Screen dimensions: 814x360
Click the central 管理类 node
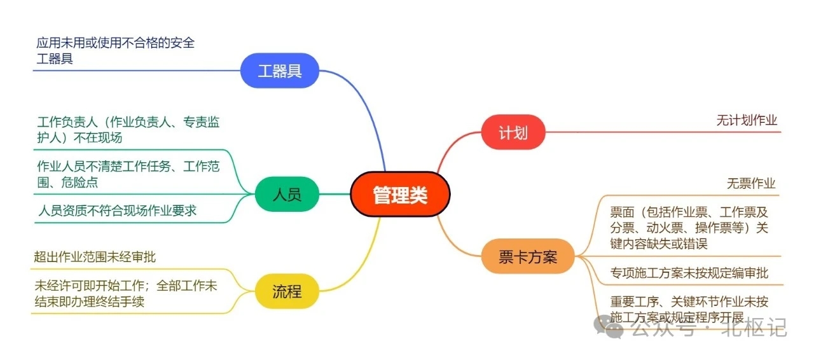pos(400,194)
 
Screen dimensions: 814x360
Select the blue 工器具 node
pos(279,71)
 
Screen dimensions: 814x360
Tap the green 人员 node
pos(287,194)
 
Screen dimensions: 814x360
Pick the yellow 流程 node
pos(287,291)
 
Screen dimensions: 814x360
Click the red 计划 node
pos(513,132)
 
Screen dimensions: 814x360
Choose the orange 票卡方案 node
pos(528,256)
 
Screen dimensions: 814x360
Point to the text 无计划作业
pos(747,120)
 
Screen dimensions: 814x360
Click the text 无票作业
pos(751,183)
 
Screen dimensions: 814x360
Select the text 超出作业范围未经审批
pos(95,257)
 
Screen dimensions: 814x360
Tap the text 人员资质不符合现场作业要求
pos(117,211)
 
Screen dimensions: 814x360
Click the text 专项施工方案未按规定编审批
pos(689,273)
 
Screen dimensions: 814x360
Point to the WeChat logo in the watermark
pos(608,326)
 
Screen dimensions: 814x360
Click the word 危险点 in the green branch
pos(79,182)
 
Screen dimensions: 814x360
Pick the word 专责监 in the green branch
pos(202,122)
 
